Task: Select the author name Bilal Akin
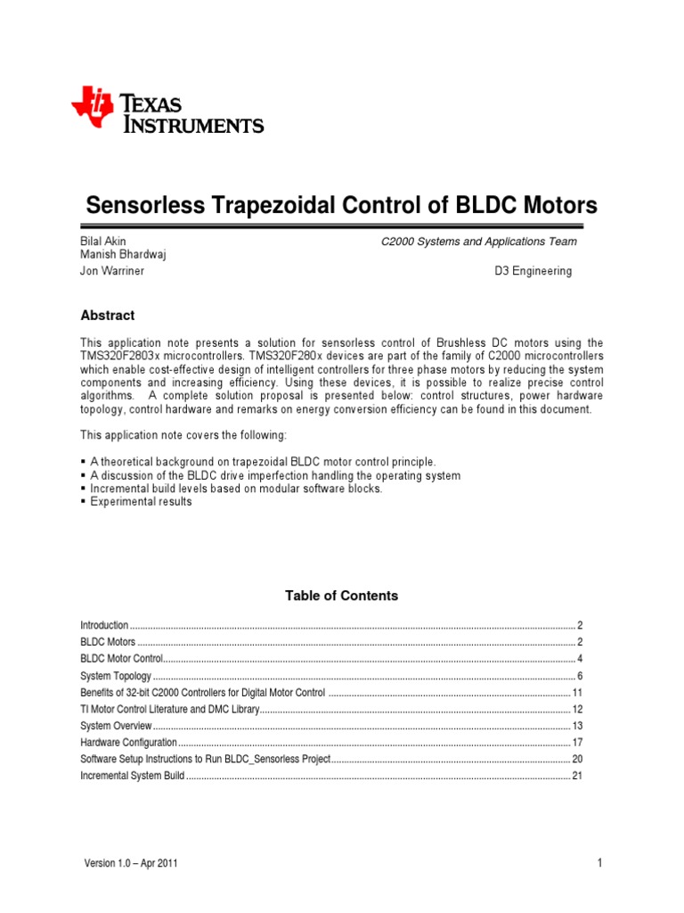pyautogui.click(x=103, y=242)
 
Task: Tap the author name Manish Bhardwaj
pyautogui.click(x=123, y=255)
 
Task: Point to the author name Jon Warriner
pyautogui.click(x=112, y=271)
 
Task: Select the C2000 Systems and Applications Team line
pyautogui.click(x=478, y=242)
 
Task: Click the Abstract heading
pyautogui.click(x=108, y=316)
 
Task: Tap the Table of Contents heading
pyautogui.click(x=341, y=596)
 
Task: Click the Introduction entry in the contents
pyautogui.click(x=104, y=626)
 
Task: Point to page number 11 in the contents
pyautogui.click(x=577, y=693)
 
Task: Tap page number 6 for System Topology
pyautogui.click(x=580, y=677)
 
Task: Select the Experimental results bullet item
pyautogui.click(x=141, y=502)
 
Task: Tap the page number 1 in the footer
pyautogui.click(x=601, y=863)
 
